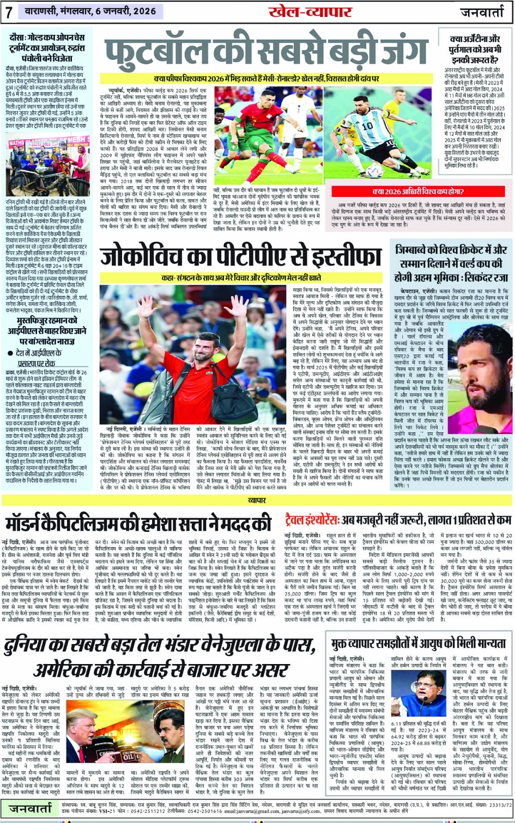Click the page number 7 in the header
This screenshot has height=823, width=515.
[x=9, y=12]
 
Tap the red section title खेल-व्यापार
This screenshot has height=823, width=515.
[x=305, y=11]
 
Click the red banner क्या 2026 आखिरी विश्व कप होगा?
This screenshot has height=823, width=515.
[x=418, y=192]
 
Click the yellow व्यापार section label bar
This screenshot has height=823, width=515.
[x=257, y=499]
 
